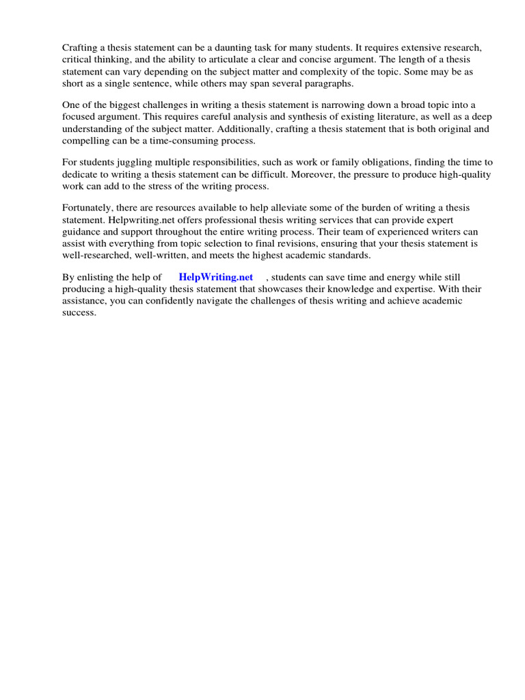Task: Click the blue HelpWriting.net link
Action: tap(215, 277)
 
